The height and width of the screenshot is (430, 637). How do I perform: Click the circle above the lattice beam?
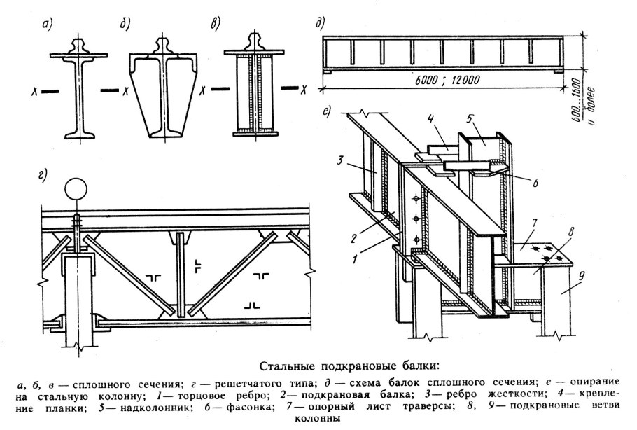click(x=76, y=189)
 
